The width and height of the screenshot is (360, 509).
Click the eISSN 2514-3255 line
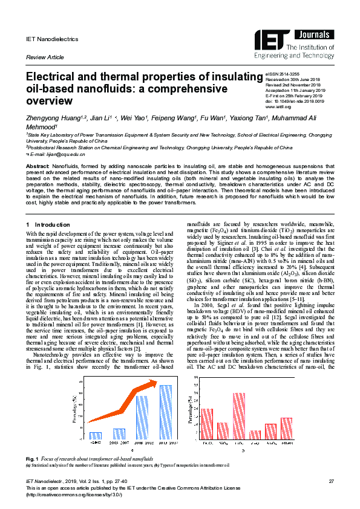pos(283,73)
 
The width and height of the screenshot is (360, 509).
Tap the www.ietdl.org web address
pos(279,107)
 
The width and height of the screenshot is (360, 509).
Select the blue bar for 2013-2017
pos(166,412)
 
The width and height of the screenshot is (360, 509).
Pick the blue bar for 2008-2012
pos(142,417)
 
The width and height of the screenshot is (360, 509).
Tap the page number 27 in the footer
pos(331,481)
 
